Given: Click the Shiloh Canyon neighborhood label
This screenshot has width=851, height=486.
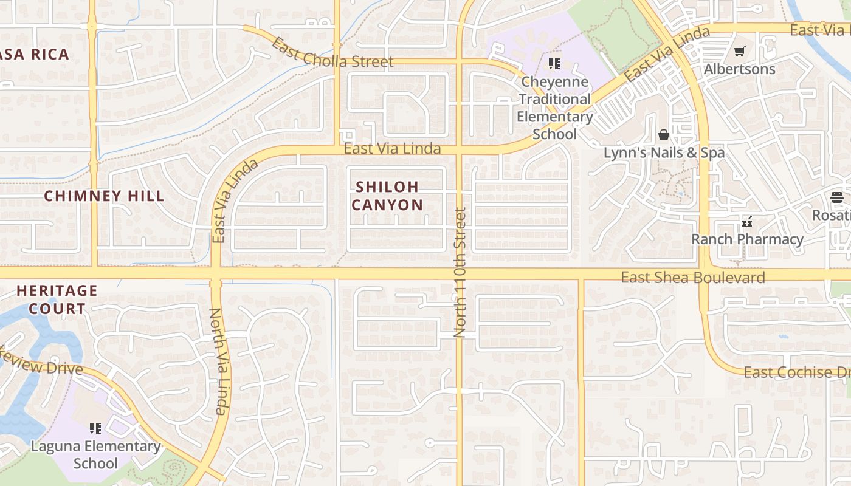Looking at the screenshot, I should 387,196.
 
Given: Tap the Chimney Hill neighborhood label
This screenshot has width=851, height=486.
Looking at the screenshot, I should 104,196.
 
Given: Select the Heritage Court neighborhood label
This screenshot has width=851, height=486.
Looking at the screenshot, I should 57,299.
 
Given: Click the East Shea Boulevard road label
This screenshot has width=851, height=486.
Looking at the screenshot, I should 692,278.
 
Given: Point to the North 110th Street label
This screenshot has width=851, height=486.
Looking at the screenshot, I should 460,273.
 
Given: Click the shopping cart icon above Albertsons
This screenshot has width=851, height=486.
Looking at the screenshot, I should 739,52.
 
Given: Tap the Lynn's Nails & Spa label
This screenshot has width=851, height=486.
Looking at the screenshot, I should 664,152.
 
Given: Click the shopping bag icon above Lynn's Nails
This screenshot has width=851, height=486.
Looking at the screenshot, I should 664,134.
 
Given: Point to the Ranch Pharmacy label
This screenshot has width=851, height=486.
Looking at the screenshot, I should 747,239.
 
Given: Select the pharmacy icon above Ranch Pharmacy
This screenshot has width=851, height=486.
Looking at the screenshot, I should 747,222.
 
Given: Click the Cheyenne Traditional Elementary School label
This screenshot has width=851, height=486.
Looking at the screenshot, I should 554,108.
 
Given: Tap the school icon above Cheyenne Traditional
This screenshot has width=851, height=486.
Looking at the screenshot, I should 554,63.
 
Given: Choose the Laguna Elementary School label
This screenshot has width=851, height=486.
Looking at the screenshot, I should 95,454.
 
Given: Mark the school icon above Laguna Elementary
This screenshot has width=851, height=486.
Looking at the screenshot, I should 95,428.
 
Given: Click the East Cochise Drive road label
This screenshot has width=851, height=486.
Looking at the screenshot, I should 796,372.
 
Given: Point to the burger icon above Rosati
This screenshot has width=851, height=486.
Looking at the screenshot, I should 837,197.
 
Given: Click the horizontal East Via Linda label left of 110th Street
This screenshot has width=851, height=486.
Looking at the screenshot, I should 392,149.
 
